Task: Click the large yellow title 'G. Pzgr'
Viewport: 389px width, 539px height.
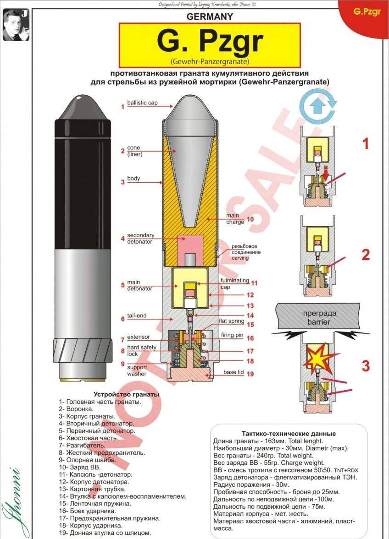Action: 210,42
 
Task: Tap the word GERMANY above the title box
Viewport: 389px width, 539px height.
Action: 210,16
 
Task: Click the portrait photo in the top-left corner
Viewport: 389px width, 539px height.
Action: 16,25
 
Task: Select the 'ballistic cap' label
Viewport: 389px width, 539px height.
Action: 142,103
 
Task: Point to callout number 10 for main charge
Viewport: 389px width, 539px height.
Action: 250,219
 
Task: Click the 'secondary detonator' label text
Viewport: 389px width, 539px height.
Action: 140,238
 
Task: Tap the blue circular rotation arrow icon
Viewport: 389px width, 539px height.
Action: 317,107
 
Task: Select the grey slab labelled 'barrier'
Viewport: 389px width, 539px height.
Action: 317,316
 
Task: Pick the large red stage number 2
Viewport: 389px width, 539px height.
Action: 366,254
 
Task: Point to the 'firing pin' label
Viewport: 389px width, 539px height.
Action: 232,335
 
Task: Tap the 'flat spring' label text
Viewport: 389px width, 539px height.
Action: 231,321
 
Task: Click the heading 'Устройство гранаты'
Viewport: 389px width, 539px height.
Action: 126,394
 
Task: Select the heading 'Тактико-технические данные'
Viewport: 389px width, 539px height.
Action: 289,434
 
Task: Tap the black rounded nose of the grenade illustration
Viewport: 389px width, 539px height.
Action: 83,108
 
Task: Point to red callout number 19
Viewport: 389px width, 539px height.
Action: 250,374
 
